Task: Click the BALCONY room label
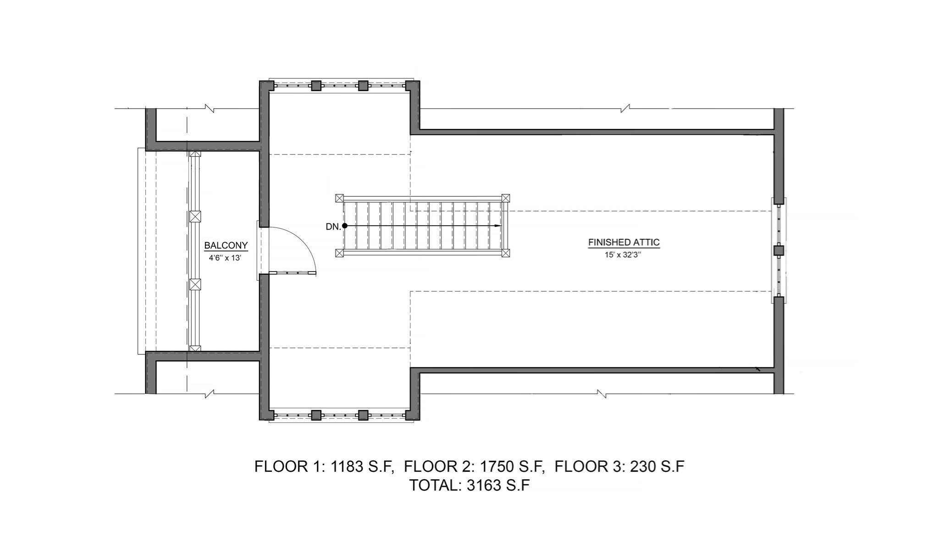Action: [x=226, y=245]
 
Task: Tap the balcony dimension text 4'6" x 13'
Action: [x=225, y=258]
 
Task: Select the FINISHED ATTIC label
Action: [x=624, y=242]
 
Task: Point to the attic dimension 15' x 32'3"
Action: [x=622, y=255]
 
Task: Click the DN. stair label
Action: [x=333, y=227]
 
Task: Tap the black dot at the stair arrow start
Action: [x=345, y=226]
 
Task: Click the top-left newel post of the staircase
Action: [x=339, y=198]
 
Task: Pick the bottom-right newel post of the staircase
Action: [x=505, y=253]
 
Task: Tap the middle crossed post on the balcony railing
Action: [x=195, y=216]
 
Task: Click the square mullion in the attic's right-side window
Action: [x=779, y=250]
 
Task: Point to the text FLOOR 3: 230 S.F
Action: [x=619, y=466]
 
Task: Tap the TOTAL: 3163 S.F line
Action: [x=469, y=485]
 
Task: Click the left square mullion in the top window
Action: [x=316, y=86]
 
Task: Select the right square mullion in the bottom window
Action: [x=363, y=415]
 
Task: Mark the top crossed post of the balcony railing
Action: [x=195, y=155]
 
